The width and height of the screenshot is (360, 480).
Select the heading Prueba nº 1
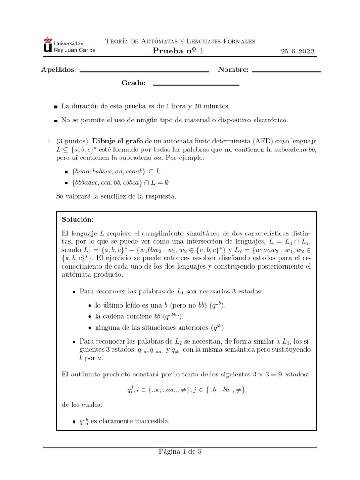pyautogui.click(x=179, y=52)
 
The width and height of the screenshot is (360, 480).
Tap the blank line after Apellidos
pyautogui.click(x=144, y=71)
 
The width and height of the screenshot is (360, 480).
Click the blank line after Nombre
pyautogui.click(x=286, y=71)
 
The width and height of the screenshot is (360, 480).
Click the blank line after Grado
pyautogui.click(x=196, y=85)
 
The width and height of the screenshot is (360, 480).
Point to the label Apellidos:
pyautogui.click(x=59, y=70)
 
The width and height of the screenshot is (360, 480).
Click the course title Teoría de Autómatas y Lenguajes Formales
pyautogui.click(x=180, y=41)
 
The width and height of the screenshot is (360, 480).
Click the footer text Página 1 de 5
pyautogui.click(x=180, y=452)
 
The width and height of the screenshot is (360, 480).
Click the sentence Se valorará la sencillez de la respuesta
pyautogui.click(x=116, y=196)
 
